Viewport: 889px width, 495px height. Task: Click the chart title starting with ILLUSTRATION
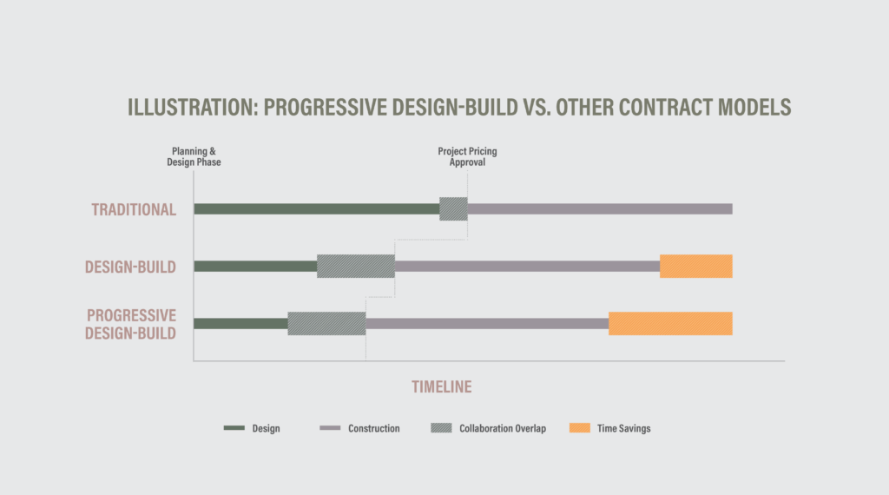pos(459,107)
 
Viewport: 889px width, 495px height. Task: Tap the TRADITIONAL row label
pos(134,210)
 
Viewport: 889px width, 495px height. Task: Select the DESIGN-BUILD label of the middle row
pos(130,267)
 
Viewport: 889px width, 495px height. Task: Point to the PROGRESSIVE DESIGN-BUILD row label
pos(131,324)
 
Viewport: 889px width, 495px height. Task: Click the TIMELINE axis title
pos(442,386)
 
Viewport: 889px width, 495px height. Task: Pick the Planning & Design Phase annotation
pos(194,157)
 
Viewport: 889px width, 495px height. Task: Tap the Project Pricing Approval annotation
pos(467,157)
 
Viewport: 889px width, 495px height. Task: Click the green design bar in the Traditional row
pos(316,208)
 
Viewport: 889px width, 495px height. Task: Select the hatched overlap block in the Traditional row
pos(453,208)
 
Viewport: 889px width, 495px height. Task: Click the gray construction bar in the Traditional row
pos(600,208)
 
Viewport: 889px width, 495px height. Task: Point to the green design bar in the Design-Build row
pos(255,267)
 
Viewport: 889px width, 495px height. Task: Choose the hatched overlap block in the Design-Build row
pos(355,267)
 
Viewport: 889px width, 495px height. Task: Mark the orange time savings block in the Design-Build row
pos(696,267)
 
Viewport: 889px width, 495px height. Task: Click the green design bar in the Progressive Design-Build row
pos(240,324)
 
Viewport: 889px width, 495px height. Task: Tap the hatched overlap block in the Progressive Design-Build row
pos(326,324)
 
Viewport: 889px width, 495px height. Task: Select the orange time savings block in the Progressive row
pos(671,324)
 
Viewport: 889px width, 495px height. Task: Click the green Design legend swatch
pos(234,428)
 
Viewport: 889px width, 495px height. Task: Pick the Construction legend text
pos(373,429)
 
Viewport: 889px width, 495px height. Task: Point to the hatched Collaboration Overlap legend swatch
pos(441,428)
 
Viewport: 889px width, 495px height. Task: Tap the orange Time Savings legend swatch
pos(580,428)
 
